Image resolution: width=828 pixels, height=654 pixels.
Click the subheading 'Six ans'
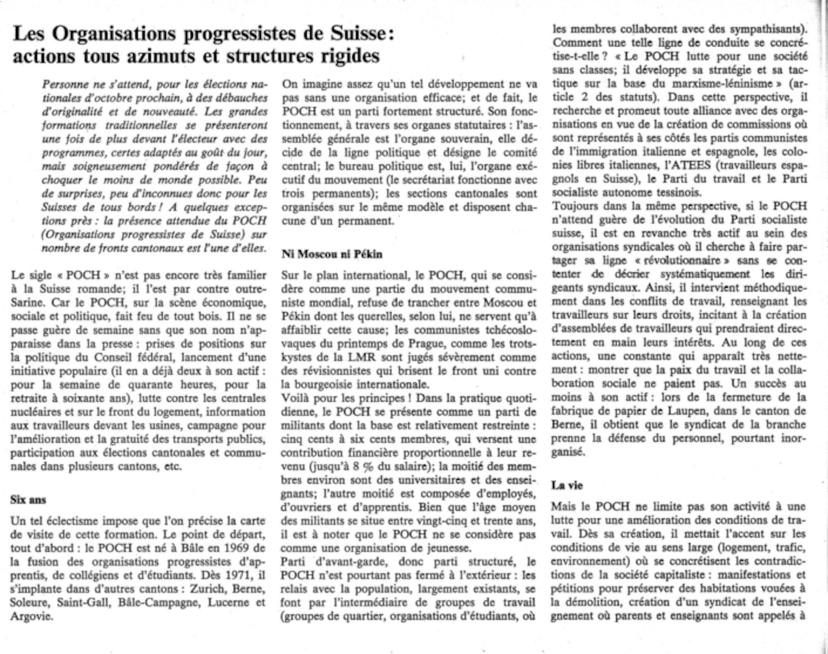pyautogui.click(x=28, y=500)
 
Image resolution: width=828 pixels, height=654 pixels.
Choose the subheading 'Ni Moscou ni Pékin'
pyautogui.click(x=332, y=254)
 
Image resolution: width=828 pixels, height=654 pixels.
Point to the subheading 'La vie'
pyautogui.click(x=567, y=485)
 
